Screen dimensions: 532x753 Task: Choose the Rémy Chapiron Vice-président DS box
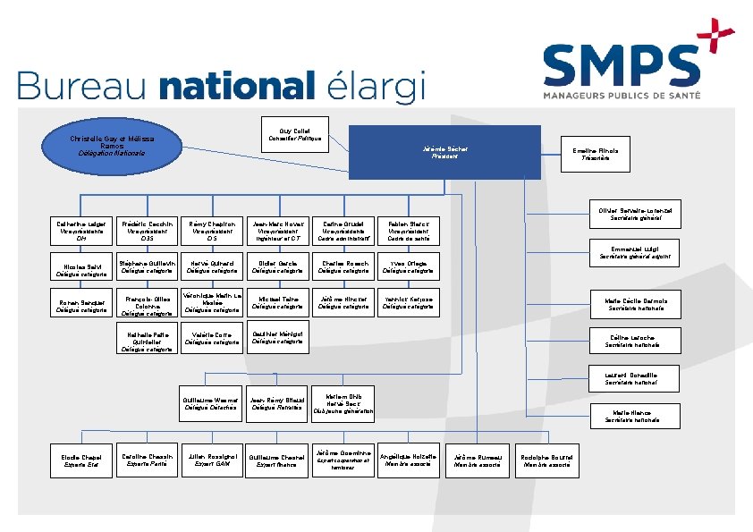(213, 231)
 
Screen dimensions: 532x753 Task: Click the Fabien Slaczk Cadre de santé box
(409, 231)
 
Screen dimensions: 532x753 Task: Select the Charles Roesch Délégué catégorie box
(344, 268)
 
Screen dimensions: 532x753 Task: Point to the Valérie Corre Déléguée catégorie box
(213, 338)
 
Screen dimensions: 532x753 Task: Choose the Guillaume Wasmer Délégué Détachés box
(211, 403)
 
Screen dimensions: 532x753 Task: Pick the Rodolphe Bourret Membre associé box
(546, 460)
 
